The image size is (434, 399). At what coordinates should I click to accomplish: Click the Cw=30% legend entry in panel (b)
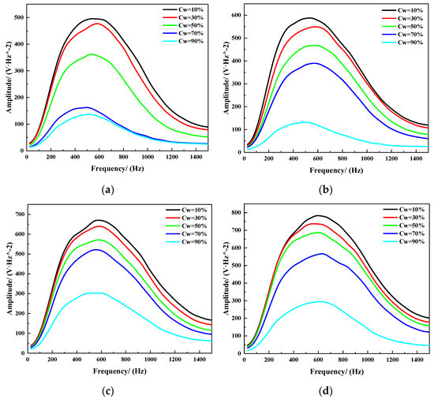coord(402,21)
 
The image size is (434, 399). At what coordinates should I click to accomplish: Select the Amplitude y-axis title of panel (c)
coord(6,280)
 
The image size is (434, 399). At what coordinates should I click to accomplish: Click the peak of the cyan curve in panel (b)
coord(303,122)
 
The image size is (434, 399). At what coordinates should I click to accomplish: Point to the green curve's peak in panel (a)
coord(92,54)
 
